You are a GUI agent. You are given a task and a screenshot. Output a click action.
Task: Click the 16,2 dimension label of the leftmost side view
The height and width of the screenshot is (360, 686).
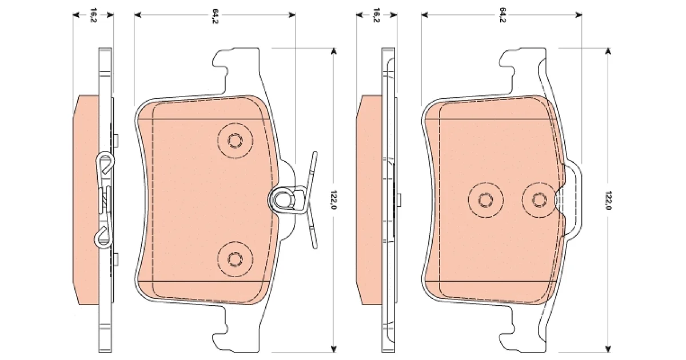point(93,15)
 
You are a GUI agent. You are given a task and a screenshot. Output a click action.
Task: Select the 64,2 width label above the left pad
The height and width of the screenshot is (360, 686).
point(215,16)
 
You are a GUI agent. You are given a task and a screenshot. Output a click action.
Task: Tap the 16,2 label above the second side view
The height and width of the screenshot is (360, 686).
point(377,15)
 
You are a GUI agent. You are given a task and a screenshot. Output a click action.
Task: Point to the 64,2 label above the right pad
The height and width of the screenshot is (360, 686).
point(502,15)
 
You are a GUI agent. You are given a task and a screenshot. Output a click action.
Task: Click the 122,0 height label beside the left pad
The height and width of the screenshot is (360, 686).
point(334,199)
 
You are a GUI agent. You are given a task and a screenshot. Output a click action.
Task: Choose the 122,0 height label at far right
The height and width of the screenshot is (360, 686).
point(608,200)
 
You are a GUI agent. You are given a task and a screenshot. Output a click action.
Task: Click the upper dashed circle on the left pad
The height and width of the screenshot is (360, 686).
point(235,141)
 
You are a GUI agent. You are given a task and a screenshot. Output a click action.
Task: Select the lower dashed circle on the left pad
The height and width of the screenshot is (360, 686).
point(235,259)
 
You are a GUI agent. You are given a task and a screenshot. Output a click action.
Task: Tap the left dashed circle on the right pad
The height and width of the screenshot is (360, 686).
point(486,200)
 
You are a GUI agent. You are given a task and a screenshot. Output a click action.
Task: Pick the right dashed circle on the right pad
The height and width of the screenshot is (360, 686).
point(539,200)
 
